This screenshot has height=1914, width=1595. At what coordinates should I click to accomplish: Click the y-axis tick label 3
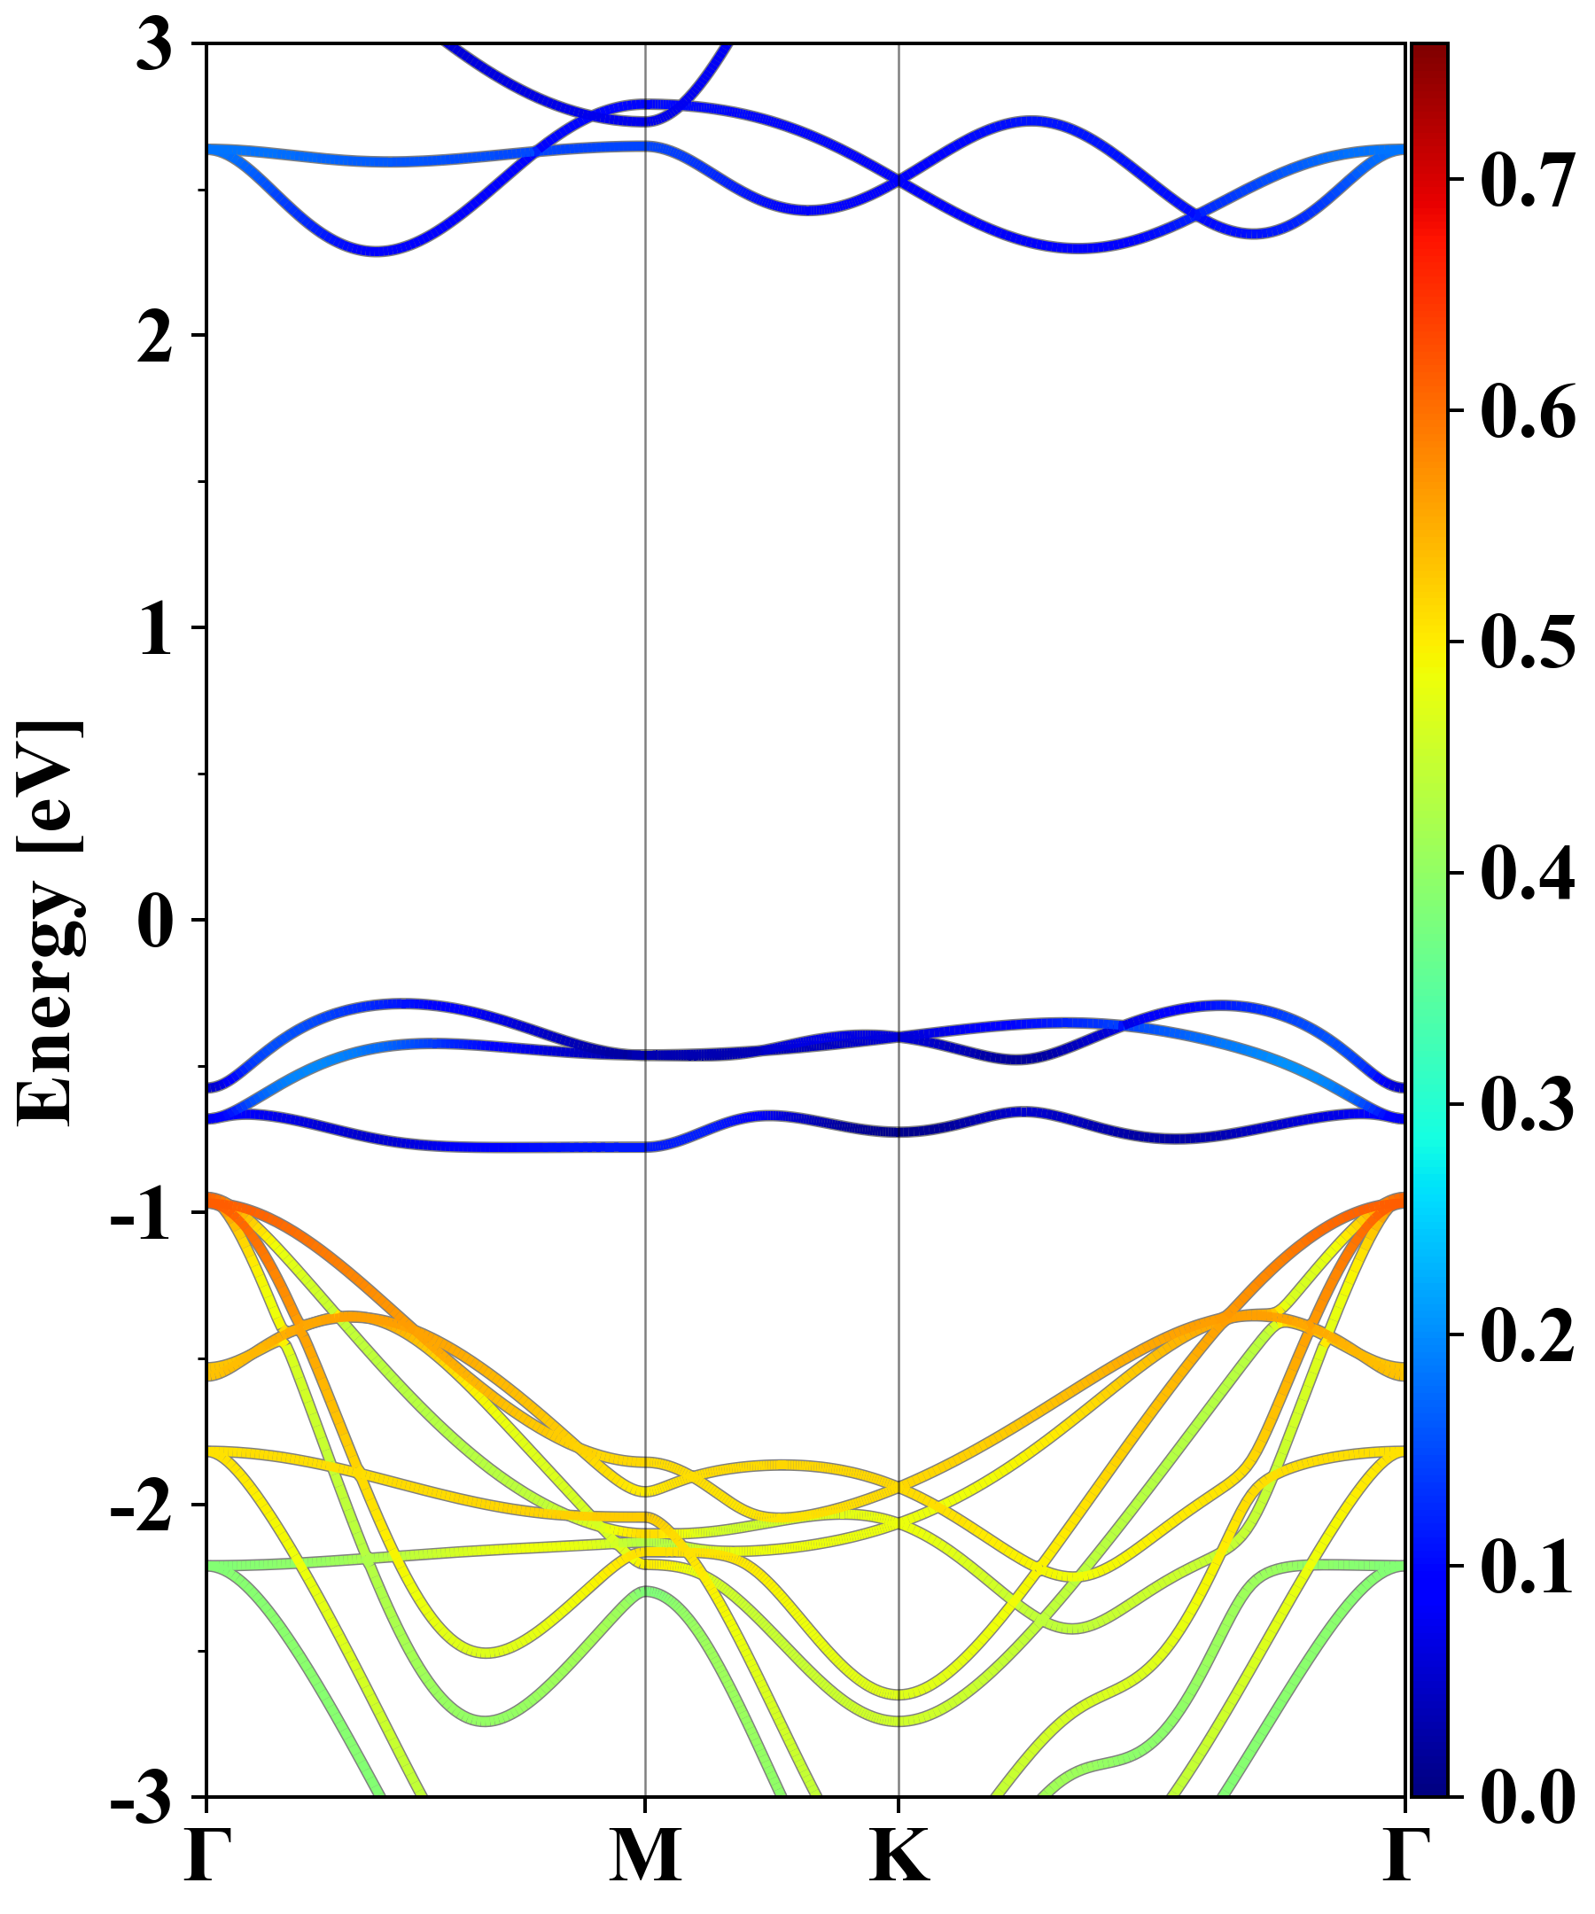click(155, 45)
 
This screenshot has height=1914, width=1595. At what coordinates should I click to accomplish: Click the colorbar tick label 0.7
click(1527, 180)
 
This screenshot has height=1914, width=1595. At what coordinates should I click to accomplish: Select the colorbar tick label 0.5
click(1527, 642)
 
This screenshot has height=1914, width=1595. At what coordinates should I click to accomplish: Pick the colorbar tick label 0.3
click(1527, 1104)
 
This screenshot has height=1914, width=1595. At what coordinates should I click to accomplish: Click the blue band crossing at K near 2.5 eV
click(899, 181)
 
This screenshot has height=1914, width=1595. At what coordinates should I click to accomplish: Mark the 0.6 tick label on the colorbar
click(1527, 411)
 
